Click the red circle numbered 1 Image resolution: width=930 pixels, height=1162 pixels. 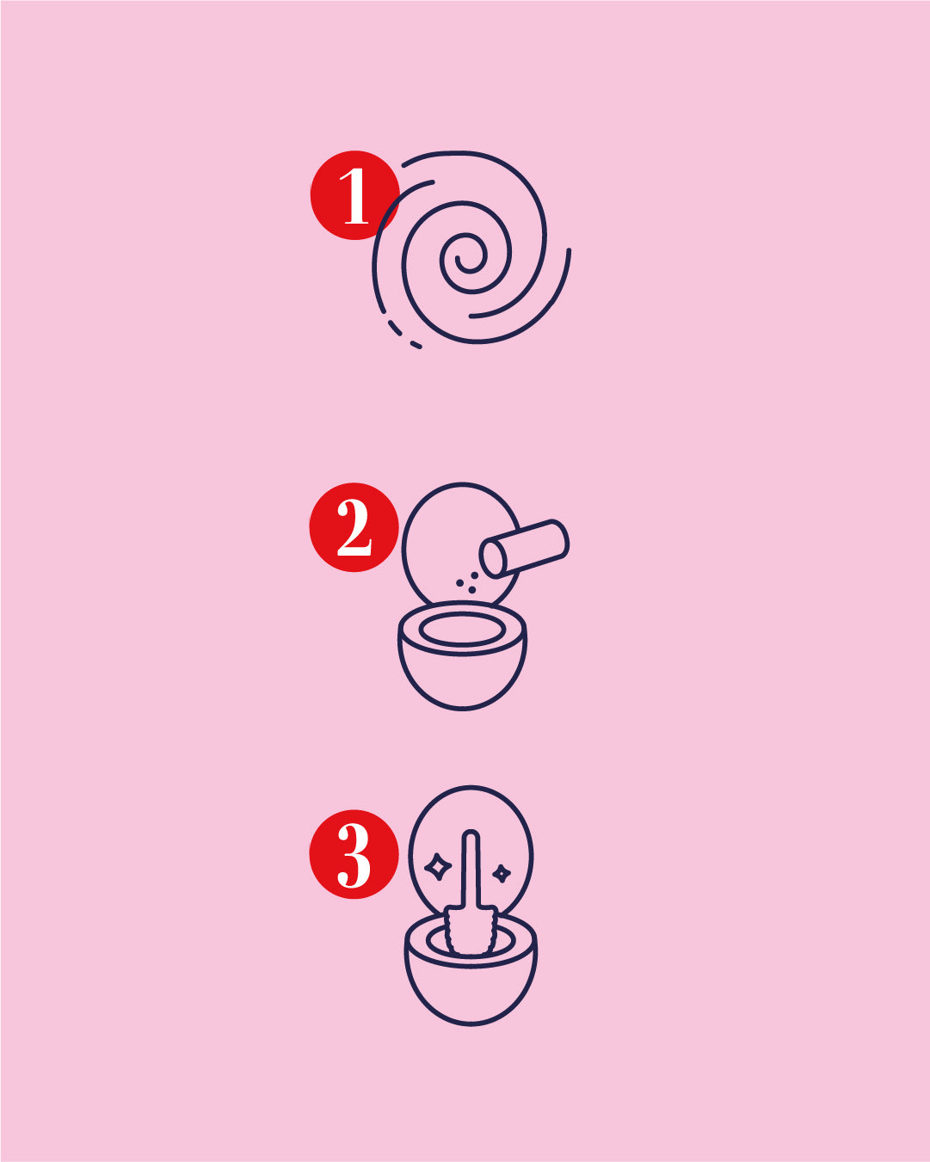pyautogui.click(x=354, y=196)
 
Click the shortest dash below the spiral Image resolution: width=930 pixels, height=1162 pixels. pyautogui.click(x=416, y=345)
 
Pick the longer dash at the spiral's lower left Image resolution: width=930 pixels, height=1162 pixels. pyautogui.click(x=395, y=328)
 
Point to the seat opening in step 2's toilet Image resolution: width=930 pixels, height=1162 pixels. pyautogui.click(x=462, y=630)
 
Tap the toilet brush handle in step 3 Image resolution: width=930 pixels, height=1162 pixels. pyautogui.click(x=470, y=869)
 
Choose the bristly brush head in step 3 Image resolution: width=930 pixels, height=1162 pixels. pyautogui.click(x=470, y=933)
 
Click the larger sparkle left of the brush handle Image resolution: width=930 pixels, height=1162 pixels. pyautogui.click(x=438, y=867)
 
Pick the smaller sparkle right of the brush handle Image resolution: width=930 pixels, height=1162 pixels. pyautogui.click(x=502, y=874)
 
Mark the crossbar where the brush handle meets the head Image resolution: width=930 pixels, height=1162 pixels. pyautogui.click(x=471, y=907)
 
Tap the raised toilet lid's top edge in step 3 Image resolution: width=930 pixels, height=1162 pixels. pyautogui.click(x=471, y=787)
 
